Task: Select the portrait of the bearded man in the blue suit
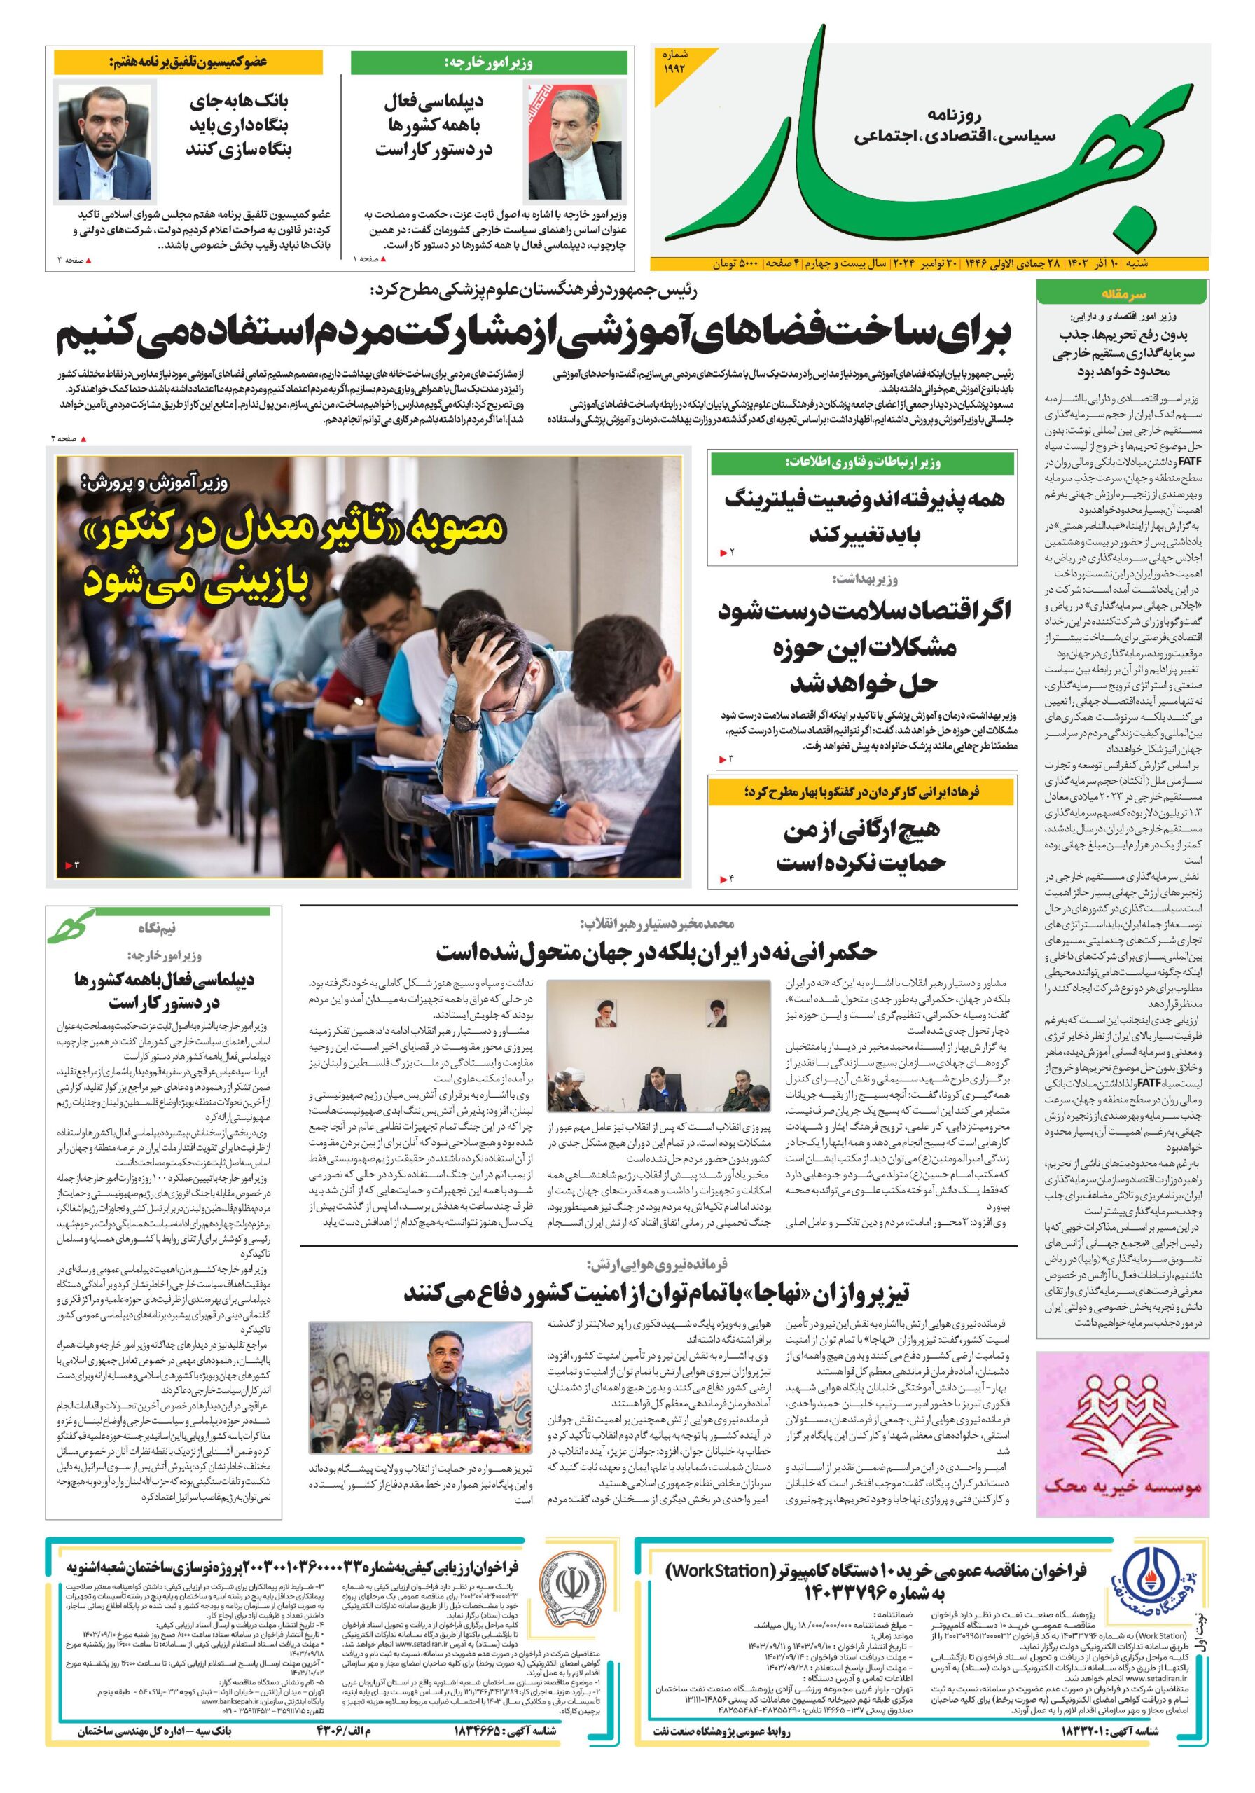(104, 142)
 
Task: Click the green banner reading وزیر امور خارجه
(489, 63)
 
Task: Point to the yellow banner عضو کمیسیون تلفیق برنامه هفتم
(188, 62)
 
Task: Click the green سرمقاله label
(1121, 293)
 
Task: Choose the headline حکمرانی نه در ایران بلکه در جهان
(656, 952)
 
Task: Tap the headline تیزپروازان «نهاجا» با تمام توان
(656, 1292)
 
